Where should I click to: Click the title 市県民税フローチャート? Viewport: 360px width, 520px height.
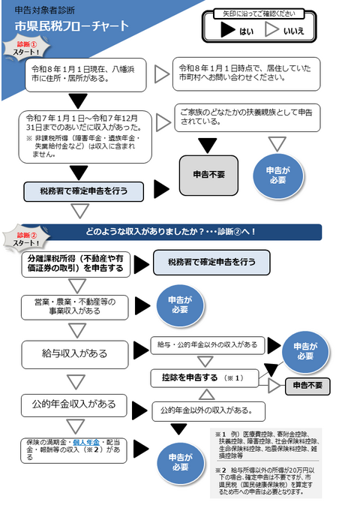click(x=72, y=26)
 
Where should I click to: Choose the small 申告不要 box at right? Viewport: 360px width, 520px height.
click(x=307, y=385)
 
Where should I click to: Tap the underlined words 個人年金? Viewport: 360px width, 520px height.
click(x=88, y=442)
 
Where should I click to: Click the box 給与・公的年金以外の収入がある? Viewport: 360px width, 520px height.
click(x=207, y=344)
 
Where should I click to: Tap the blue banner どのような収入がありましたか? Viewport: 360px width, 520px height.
click(x=180, y=231)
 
